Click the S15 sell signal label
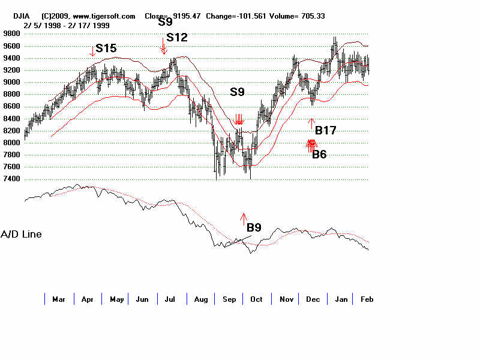point(106,49)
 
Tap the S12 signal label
point(177,37)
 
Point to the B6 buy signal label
point(319,154)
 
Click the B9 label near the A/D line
point(254,227)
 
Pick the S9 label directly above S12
point(165,22)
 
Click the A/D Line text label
point(22,234)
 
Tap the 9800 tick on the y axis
point(12,34)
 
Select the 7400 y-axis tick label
point(12,179)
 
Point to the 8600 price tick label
point(12,107)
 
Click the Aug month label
point(200,299)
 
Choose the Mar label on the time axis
point(59,299)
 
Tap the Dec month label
point(313,299)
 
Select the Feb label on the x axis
point(366,299)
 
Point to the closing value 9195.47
point(186,16)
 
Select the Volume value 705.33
point(313,16)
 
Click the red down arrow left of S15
point(92,52)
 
